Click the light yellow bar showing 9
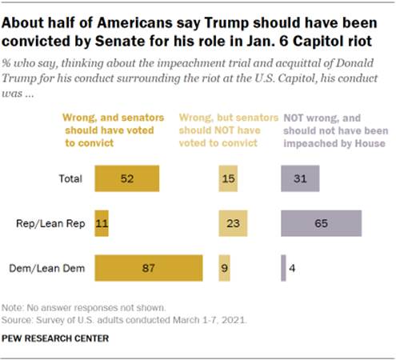pos(224,266)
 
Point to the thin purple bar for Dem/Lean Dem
pos(283,266)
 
